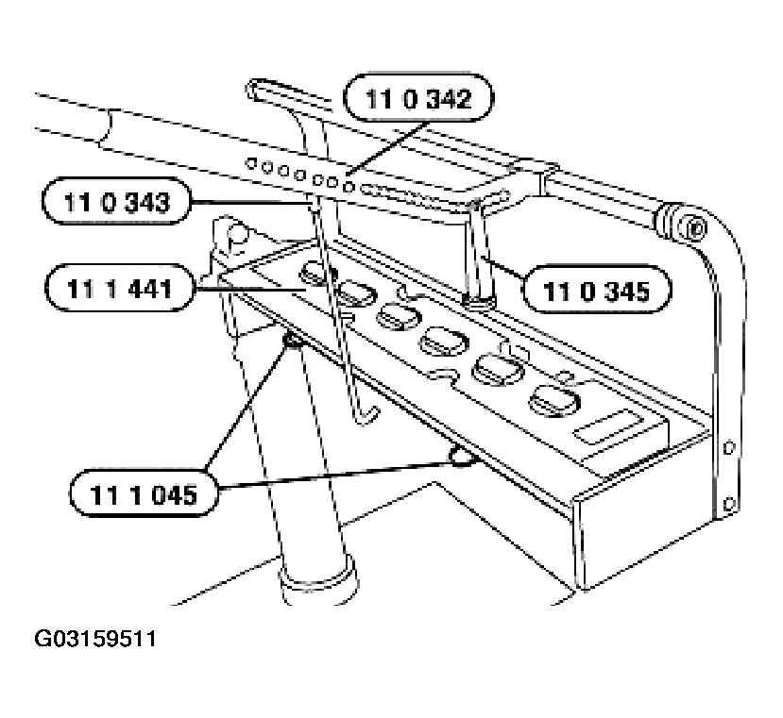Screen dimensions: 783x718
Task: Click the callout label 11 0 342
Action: point(418,98)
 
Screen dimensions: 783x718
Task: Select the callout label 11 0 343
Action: point(117,201)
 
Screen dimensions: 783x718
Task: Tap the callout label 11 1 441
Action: point(119,288)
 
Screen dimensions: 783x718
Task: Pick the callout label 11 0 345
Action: point(597,290)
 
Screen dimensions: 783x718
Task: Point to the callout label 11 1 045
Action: point(144,493)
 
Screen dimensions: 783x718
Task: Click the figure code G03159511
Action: point(94,639)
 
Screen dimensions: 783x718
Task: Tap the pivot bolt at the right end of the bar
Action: point(695,228)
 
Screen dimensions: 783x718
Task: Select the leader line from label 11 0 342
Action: point(388,148)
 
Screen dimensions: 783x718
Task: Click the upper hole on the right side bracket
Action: point(728,446)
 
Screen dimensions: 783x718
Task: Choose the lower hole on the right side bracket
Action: point(729,503)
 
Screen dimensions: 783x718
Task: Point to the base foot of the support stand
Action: point(319,580)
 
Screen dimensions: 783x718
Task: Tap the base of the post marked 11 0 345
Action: point(478,301)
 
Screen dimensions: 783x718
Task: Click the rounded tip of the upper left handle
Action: point(254,89)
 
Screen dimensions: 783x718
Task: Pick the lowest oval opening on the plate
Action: point(554,399)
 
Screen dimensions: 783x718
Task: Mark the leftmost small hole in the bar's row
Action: point(251,163)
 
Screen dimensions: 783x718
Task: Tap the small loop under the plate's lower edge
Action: point(462,456)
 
